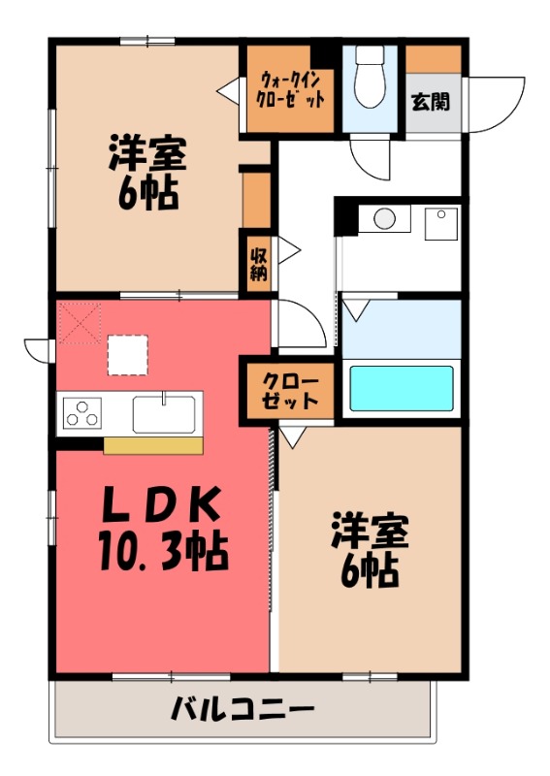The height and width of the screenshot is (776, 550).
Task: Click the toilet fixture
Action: [369, 78]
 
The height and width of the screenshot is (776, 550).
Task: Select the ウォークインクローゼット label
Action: [290, 89]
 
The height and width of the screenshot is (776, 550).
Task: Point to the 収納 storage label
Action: [258, 264]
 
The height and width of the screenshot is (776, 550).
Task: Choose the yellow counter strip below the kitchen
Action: [153, 445]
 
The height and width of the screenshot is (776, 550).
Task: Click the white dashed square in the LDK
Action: [128, 354]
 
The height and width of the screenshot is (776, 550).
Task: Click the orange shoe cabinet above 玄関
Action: [434, 58]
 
